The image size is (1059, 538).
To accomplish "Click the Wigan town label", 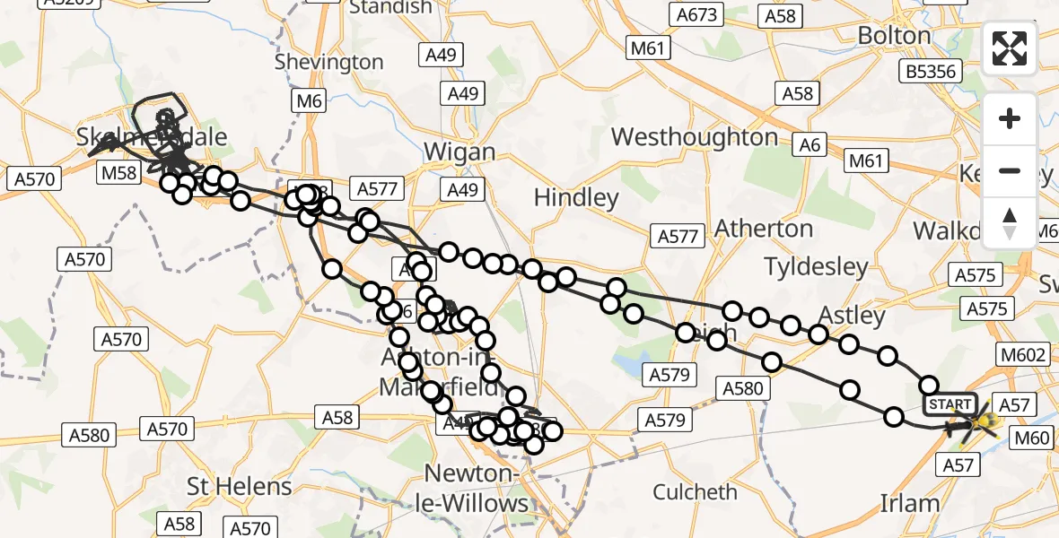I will (459, 152).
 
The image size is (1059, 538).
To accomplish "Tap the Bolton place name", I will (894, 36).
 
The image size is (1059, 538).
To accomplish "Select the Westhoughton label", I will (695, 137).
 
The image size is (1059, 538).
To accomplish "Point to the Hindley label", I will (576, 197).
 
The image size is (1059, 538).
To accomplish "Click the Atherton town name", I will (765, 229).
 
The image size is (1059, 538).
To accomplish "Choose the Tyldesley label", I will (816, 266).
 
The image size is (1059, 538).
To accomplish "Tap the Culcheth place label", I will (696, 491).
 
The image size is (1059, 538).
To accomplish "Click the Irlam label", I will (909, 503).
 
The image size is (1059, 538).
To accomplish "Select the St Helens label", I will (240, 487).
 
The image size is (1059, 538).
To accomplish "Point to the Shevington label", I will (328, 62).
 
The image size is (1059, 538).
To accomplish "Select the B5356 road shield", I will (931, 71).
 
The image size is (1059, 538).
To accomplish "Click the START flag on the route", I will (950, 404).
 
